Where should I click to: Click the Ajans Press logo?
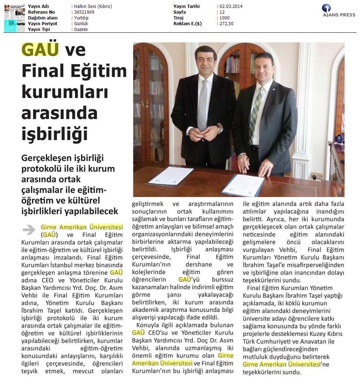tap(338, 11)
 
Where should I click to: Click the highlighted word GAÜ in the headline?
tap(40, 50)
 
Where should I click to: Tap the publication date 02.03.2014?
tap(231, 6)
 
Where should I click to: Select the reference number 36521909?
tap(84, 12)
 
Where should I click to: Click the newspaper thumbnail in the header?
tap(15, 18)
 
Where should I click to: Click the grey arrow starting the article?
tap(29, 229)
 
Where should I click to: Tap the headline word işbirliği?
tap(55, 133)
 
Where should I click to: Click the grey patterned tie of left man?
tap(203, 104)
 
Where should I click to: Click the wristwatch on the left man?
tap(219, 128)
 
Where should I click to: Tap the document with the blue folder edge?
tap(243, 185)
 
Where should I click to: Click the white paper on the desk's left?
tap(171, 176)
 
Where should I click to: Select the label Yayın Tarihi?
tap(186, 6)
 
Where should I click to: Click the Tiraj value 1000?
tap(224, 18)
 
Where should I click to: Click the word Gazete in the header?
tap(81, 30)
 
